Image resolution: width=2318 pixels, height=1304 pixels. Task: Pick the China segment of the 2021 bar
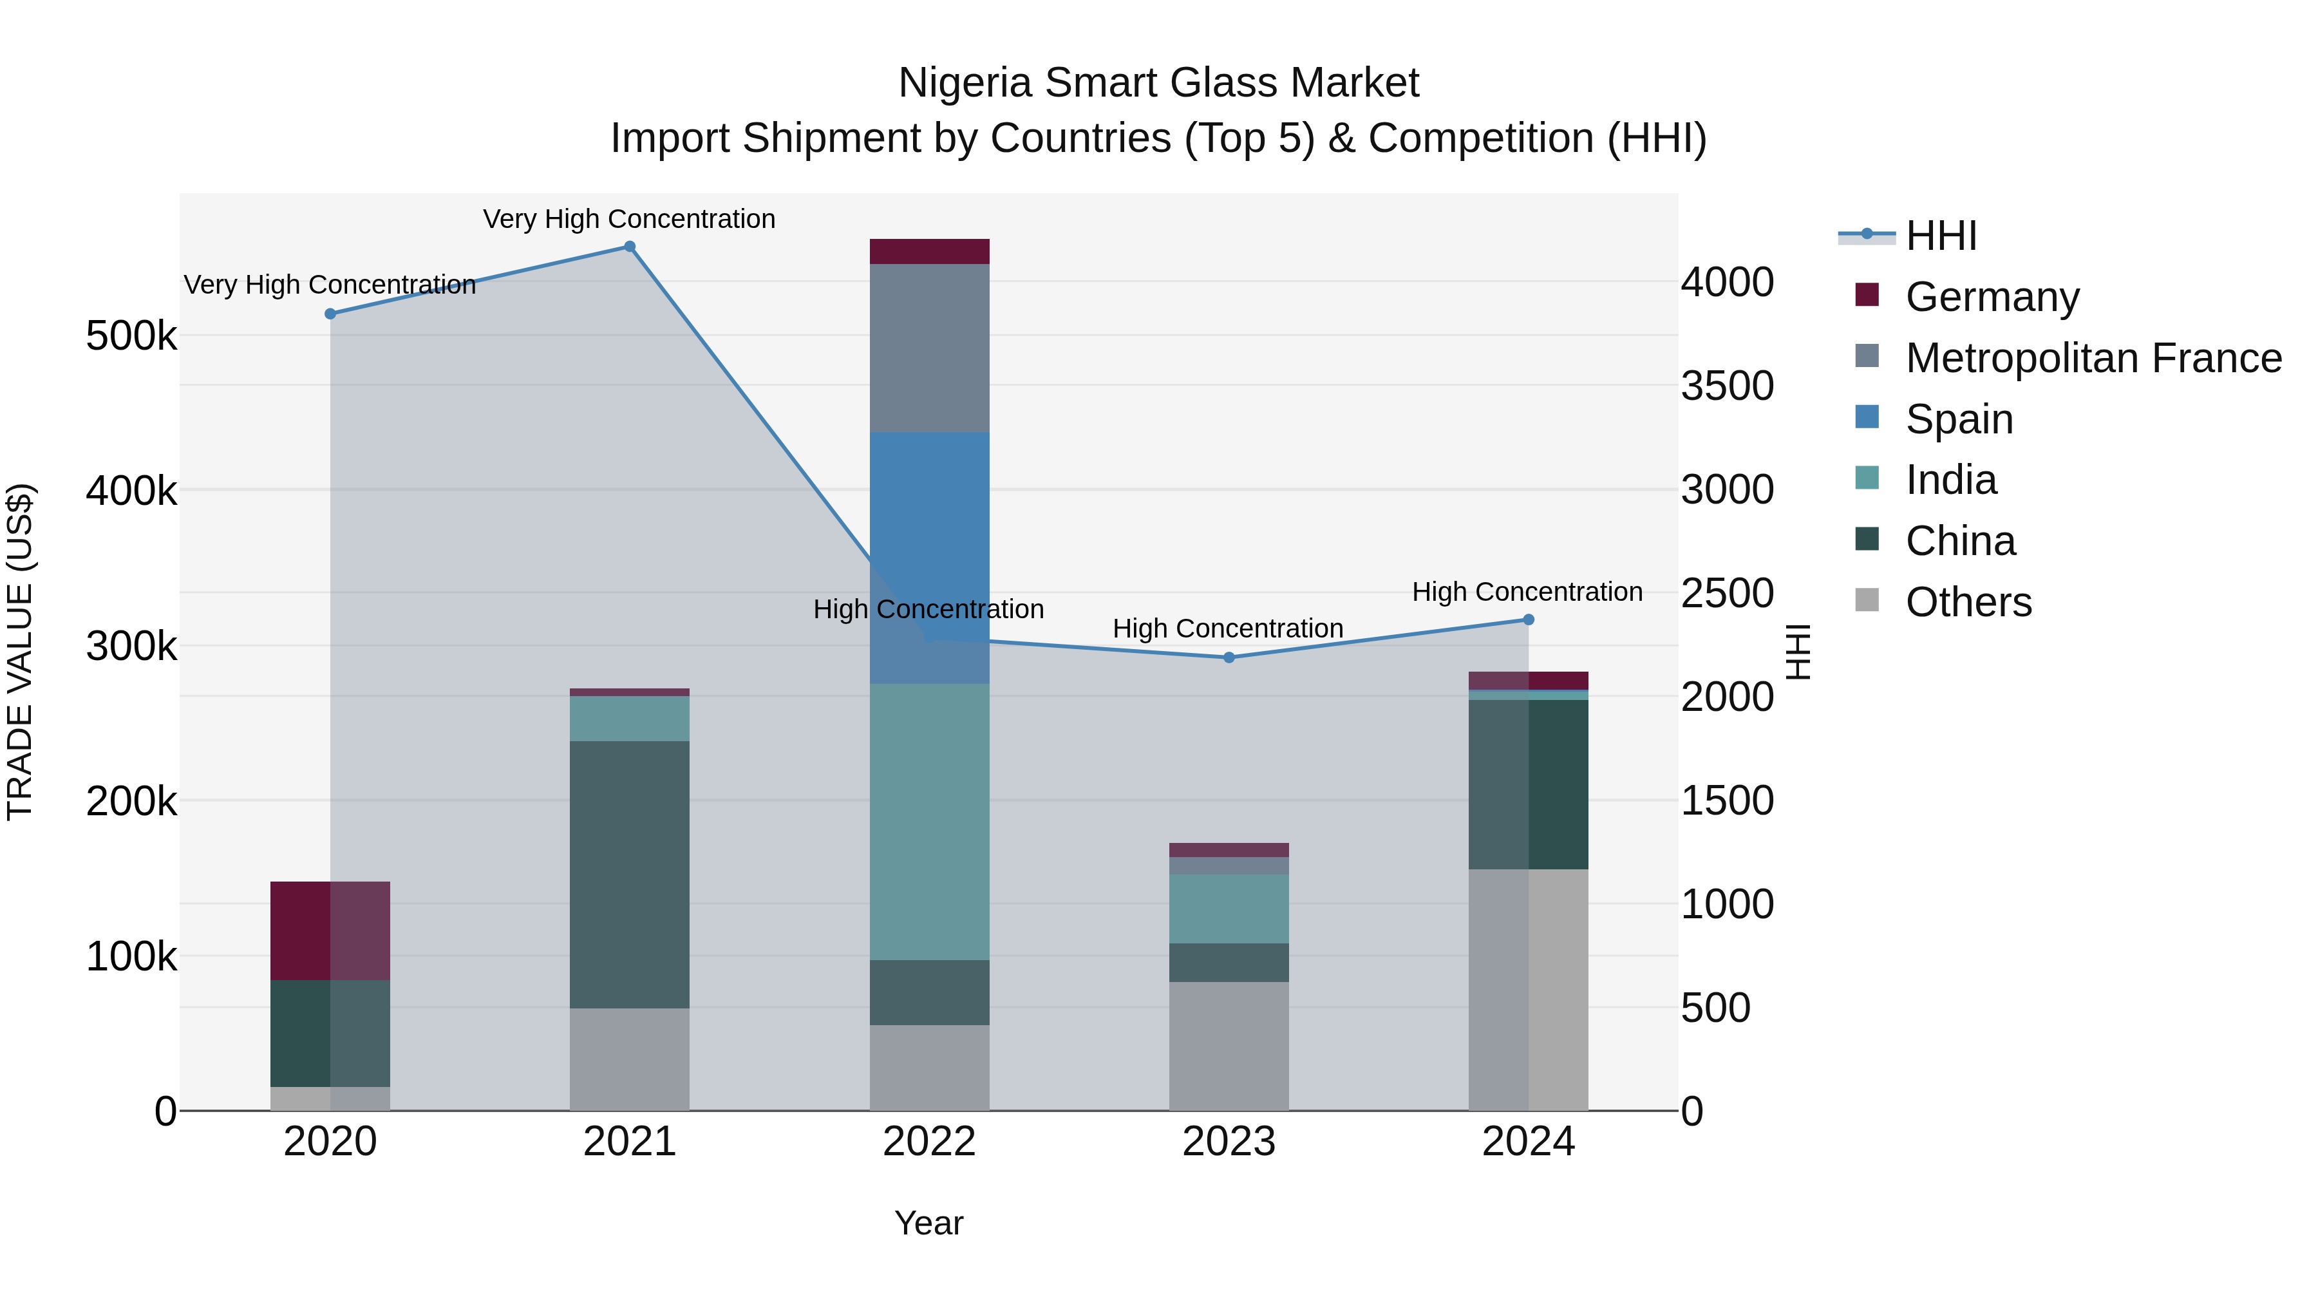(629, 874)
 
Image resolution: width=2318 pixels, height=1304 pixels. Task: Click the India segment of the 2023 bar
(1229, 908)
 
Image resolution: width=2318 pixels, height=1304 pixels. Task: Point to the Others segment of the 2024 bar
(1528, 989)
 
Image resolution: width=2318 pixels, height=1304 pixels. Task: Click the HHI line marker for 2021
(629, 247)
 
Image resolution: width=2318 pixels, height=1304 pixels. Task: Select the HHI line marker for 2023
(1229, 657)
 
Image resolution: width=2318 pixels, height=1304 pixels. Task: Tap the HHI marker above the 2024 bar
(1528, 619)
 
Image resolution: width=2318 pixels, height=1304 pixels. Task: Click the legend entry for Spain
(1958, 419)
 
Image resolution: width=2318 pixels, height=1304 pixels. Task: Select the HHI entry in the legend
(1940, 236)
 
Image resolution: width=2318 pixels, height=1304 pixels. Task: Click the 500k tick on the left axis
(131, 337)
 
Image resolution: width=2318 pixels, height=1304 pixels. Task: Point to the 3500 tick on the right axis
(1727, 386)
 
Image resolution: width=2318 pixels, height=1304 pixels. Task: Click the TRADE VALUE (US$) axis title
(20, 652)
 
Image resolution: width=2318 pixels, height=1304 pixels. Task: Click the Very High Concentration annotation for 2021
(629, 219)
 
